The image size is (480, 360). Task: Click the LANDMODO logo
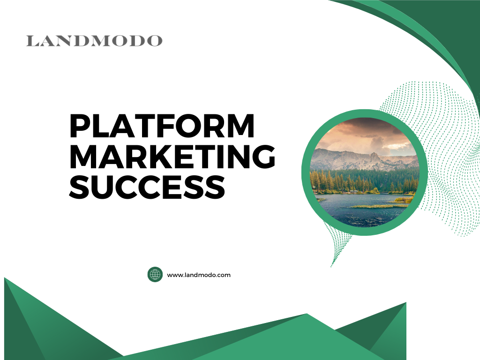pos(94,41)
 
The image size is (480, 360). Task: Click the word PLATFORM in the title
pos(162,126)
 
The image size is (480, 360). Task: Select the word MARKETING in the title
pos(172,156)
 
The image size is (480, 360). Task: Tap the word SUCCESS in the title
pos(147,187)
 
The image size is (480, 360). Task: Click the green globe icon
pos(155,275)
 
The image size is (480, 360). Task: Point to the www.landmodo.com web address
pos(199,275)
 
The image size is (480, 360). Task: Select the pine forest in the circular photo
pos(364,182)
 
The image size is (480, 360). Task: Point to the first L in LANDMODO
pos(32,41)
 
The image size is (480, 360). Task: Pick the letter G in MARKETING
pos(263,156)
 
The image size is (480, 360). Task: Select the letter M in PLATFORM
pos(240,126)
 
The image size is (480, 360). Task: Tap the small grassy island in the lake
pos(380,206)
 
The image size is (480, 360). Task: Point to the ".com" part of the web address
pos(224,275)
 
